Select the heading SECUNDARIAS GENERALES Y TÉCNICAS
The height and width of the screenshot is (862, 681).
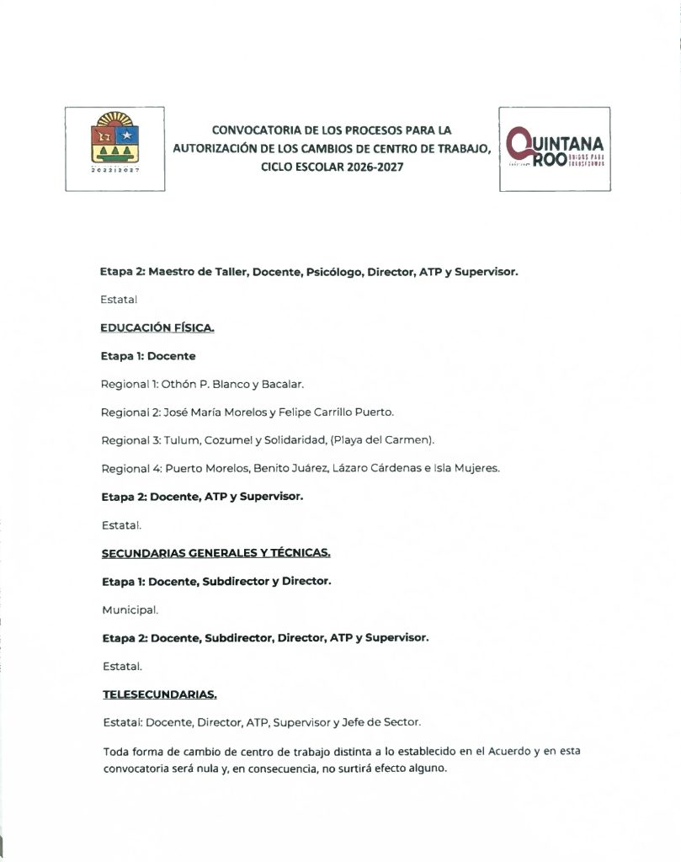[215, 552]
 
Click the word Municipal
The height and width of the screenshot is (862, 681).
[129, 609]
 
